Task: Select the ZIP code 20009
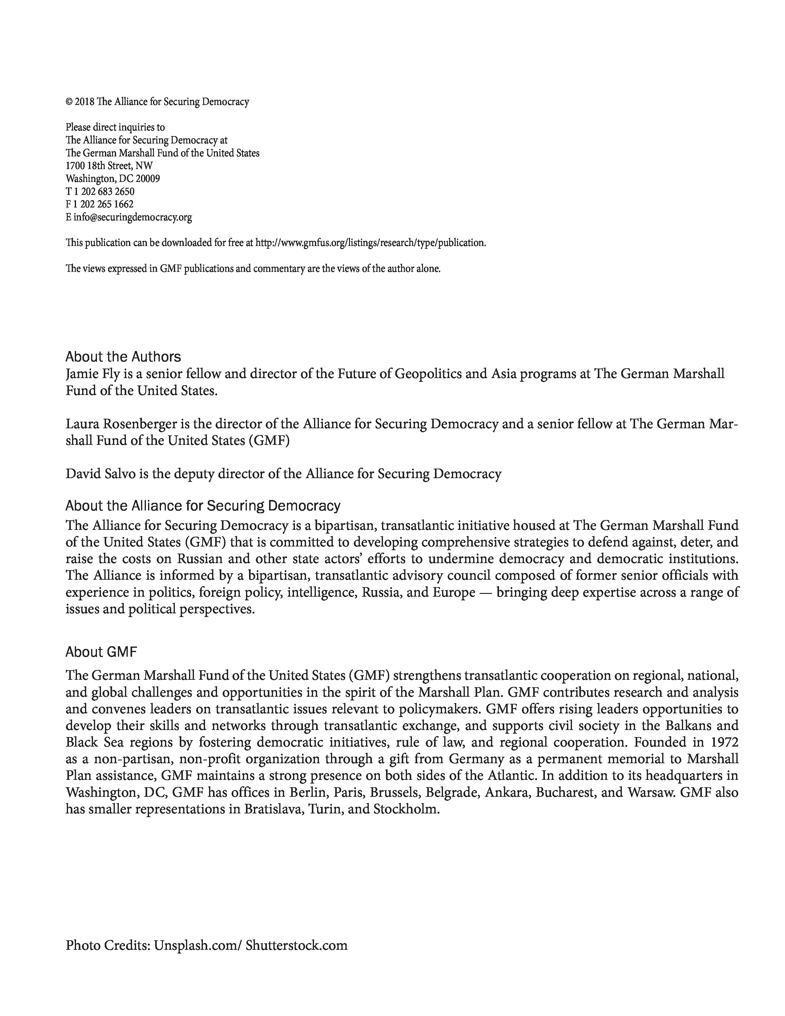pyautogui.click(x=148, y=179)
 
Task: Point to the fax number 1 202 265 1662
pyautogui.click(x=103, y=204)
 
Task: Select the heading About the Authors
pyautogui.click(x=123, y=357)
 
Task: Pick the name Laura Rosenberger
pyautogui.click(x=121, y=424)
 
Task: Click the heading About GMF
pyautogui.click(x=101, y=652)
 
